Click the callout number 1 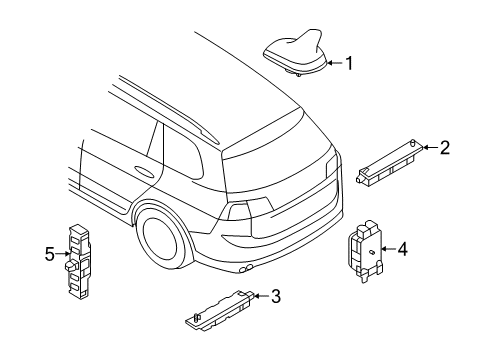click(x=349, y=63)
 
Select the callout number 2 click(x=445, y=147)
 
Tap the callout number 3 click(x=276, y=296)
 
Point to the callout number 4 click(x=402, y=249)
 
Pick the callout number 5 click(x=49, y=254)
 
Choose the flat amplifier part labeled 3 click(x=220, y=310)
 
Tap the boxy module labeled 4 click(x=365, y=251)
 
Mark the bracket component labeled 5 click(x=77, y=261)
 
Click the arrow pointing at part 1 click(x=335, y=63)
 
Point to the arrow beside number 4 click(x=389, y=248)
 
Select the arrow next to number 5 click(x=63, y=254)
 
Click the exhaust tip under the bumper click(x=246, y=268)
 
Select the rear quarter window click(x=183, y=154)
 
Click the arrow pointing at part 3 click(x=262, y=296)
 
